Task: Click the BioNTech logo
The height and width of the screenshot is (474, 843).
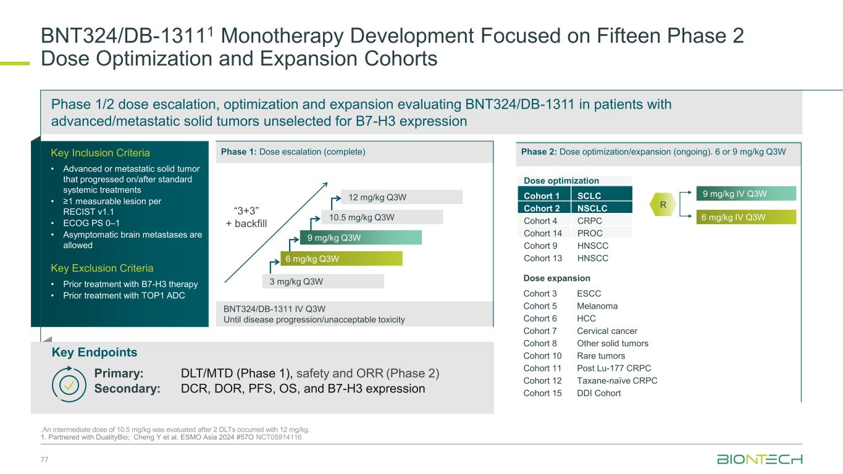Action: coord(759,459)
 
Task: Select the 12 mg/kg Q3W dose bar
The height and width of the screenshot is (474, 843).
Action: coord(401,197)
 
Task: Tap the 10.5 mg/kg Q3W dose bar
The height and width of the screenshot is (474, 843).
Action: coord(381,217)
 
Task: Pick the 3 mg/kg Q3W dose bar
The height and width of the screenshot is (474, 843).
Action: coord(322,281)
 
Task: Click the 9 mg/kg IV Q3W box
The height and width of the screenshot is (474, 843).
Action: coord(746,194)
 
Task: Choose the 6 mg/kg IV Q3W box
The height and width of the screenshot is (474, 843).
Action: coord(746,217)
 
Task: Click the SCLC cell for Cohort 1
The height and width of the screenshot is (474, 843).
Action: coord(590,196)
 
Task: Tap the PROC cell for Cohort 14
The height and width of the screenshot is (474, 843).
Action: coord(589,233)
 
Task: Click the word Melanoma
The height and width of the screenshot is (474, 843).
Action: coord(597,306)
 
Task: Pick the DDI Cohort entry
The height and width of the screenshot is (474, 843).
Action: coord(598,393)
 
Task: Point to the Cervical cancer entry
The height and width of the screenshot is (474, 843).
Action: coord(606,331)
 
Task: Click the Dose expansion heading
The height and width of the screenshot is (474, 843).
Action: coord(556,278)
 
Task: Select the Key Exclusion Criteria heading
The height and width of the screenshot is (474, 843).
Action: coord(102,268)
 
